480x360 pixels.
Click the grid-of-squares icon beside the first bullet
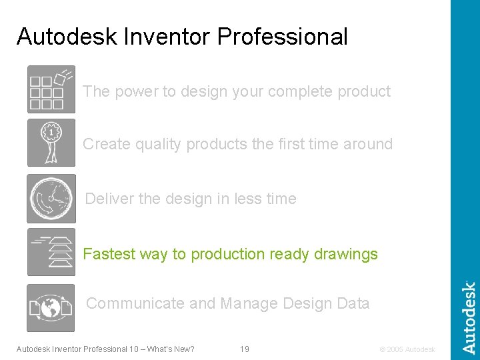[x=51, y=89]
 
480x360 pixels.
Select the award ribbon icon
[x=51, y=143]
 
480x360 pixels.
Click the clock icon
[x=51, y=199]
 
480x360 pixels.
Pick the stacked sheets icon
[x=51, y=252]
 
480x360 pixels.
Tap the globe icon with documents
[x=51, y=308]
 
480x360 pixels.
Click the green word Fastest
[x=107, y=254]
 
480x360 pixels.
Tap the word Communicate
[x=135, y=303]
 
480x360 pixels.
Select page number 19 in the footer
[x=245, y=349]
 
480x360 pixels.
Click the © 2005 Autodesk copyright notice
[x=407, y=349]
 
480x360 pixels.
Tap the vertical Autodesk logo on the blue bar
[x=469, y=317]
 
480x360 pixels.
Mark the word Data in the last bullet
[x=353, y=303]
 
